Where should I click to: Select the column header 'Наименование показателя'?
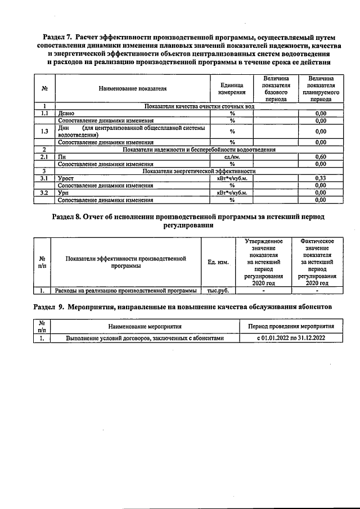[133, 88]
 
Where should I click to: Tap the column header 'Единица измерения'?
[232, 88]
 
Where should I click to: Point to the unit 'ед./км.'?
[232, 157]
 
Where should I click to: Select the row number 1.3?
[44, 131]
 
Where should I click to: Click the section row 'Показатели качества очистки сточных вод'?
[200, 106]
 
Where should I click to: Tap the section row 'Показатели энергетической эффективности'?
[200, 171]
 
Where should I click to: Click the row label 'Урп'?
[63, 192]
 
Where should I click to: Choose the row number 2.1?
[44, 157]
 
